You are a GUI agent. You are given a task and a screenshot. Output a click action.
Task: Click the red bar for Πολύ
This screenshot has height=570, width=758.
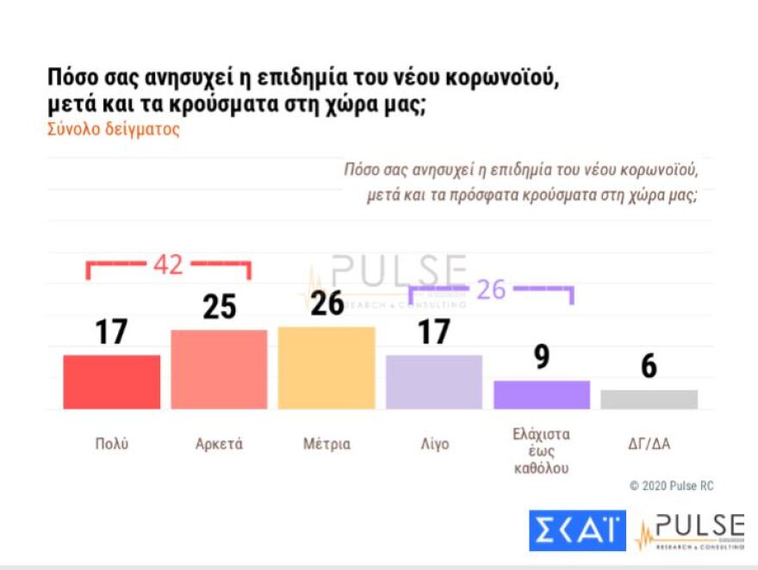pos(111,381)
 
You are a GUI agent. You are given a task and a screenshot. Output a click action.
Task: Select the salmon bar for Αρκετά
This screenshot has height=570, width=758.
pos(219,369)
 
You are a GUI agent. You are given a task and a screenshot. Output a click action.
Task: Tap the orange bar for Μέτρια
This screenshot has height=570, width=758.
pos(326,368)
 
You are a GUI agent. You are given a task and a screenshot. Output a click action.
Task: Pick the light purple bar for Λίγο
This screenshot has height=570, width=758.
pos(433,381)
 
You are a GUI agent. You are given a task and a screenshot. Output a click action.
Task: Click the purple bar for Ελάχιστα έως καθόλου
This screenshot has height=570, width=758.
pos(541,394)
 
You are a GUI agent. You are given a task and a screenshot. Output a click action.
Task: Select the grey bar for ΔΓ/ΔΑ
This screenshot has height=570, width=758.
pos(649,400)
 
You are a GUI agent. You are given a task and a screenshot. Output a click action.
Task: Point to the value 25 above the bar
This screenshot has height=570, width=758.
pos(219,307)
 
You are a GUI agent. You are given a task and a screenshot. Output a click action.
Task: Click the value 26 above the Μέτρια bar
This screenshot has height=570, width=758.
pos(326,303)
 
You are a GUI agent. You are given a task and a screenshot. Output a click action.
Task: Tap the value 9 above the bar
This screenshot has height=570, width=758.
pos(541,357)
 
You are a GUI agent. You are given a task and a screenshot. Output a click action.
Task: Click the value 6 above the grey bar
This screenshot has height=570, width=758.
pos(649,367)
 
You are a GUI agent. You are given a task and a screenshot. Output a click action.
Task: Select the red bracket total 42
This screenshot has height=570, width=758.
pos(168,265)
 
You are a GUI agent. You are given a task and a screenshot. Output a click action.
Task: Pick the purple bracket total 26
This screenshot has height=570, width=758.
pos(491,289)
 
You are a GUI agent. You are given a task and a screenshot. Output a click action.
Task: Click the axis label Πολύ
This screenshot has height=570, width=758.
pos(112,444)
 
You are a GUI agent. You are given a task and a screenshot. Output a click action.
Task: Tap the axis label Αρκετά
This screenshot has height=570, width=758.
pos(219,444)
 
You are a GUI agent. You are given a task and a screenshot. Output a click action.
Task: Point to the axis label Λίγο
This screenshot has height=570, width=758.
pos(433,444)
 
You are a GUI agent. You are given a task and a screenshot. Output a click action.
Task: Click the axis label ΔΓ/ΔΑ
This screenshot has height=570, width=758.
pos(649,444)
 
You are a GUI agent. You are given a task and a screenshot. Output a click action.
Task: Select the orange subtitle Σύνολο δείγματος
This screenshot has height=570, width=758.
pos(113,130)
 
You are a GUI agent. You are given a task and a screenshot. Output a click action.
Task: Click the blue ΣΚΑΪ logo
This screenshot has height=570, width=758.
pos(577,531)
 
